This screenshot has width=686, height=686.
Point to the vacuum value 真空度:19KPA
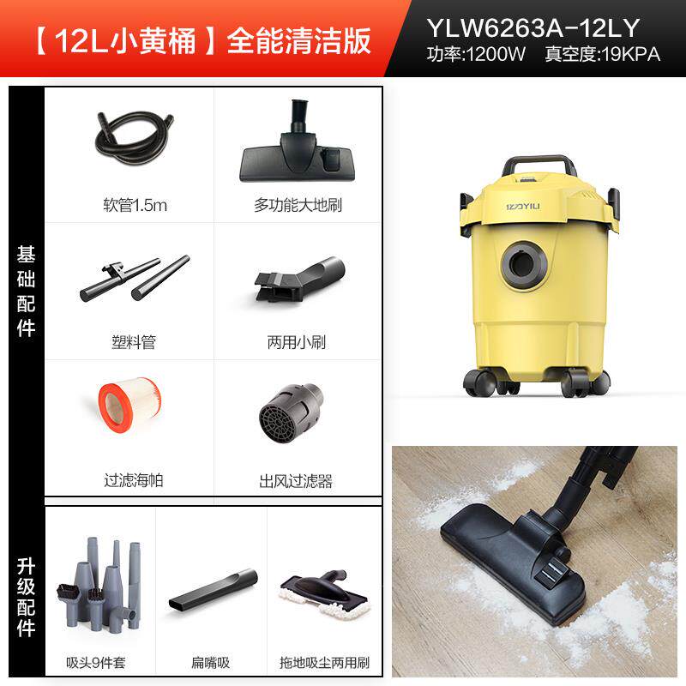point(602,56)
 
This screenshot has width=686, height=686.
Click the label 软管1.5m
point(130,206)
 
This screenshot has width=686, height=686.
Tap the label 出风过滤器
point(296,479)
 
